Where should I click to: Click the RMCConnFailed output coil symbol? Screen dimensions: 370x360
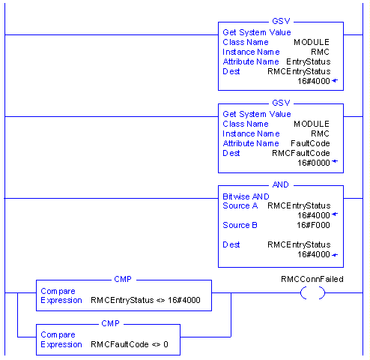[312, 292]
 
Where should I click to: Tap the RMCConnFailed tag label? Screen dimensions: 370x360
[312, 279]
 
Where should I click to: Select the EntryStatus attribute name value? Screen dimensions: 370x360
[309, 61]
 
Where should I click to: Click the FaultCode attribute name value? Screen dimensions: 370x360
[310, 143]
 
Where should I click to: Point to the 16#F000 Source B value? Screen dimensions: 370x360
[313, 225]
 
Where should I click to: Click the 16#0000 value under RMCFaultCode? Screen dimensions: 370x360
[314, 163]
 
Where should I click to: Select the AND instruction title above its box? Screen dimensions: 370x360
[281, 184]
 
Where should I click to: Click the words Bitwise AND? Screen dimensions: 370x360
[246, 196]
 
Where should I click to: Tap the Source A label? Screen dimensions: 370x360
[240, 205]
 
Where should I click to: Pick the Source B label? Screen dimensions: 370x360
[240, 225]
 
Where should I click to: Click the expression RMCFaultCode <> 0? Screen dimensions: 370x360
[130, 344]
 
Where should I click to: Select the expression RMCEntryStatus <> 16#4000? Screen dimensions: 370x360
[145, 300]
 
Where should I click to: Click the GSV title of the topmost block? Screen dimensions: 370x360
[281, 21]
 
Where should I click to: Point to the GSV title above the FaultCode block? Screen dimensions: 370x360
[281, 103]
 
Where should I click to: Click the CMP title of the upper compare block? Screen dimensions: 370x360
[123, 279]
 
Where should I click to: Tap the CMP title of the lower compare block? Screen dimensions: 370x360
[110, 323]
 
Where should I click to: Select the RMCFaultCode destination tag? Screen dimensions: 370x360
[301, 153]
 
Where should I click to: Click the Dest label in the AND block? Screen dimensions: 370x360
[231, 244]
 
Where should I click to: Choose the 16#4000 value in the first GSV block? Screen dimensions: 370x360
[314, 81]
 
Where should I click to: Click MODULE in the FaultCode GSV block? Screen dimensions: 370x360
[312, 124]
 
